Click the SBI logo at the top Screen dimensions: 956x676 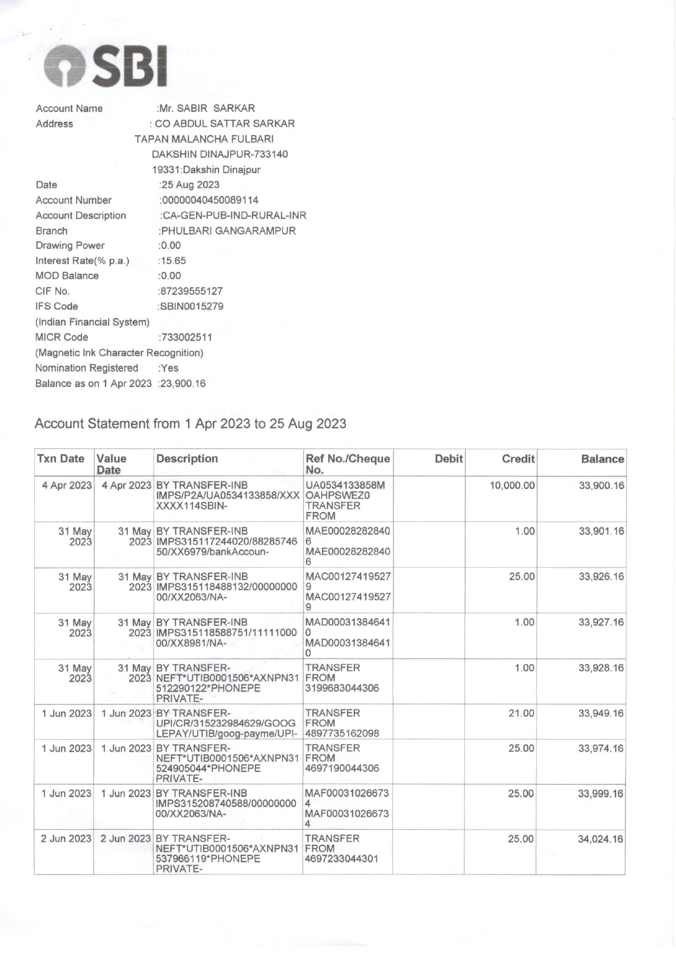tap(105, 67)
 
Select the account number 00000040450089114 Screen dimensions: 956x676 tap(210, 200)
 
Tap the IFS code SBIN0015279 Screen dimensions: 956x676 tap(192, 306)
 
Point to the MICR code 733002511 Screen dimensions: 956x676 tap(187, 337)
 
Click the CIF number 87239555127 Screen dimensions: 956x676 tap(191, 291)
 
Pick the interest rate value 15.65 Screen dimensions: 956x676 tap(174, 260)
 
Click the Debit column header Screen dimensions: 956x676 tap(448, 459)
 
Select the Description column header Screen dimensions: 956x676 tap(187, 459)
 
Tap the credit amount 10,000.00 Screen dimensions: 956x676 tap(512, 485)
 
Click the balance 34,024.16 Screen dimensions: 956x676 tap(600, 839)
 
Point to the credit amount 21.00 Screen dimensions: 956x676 tap(521, 713)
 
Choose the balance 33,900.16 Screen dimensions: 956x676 tap(601, 485)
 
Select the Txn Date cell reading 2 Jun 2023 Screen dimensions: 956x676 tap(66, 838)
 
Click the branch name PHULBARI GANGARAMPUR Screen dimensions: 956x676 tap(228, 230)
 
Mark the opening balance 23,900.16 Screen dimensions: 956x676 tap(183, 383)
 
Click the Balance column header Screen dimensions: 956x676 tap(602, 459)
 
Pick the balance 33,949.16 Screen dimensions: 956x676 tap(601, 713)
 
